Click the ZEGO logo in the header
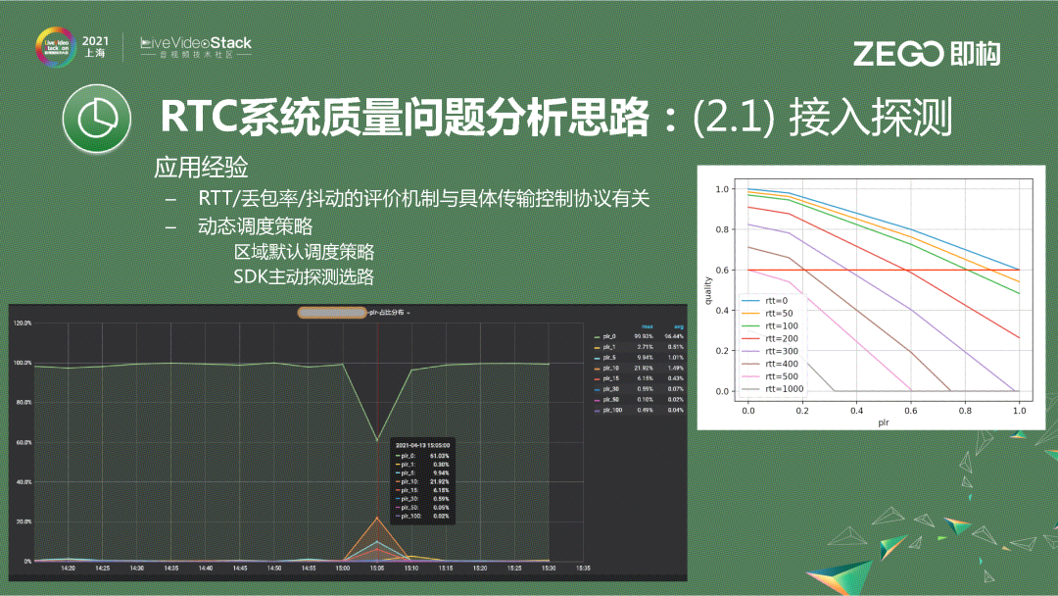(x=926, y=54)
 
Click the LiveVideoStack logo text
(x=196, y=44)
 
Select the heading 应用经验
(x=201, y=167)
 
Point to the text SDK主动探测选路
(x=304, y=276)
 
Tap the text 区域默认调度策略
(x=304, y=251)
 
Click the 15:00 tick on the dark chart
(x=343, y=568)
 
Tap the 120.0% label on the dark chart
(x=21, y=323)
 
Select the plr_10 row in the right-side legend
(x=609, y=368)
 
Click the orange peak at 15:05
(x=377, y=518)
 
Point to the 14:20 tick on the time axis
(x=68, y=568)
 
